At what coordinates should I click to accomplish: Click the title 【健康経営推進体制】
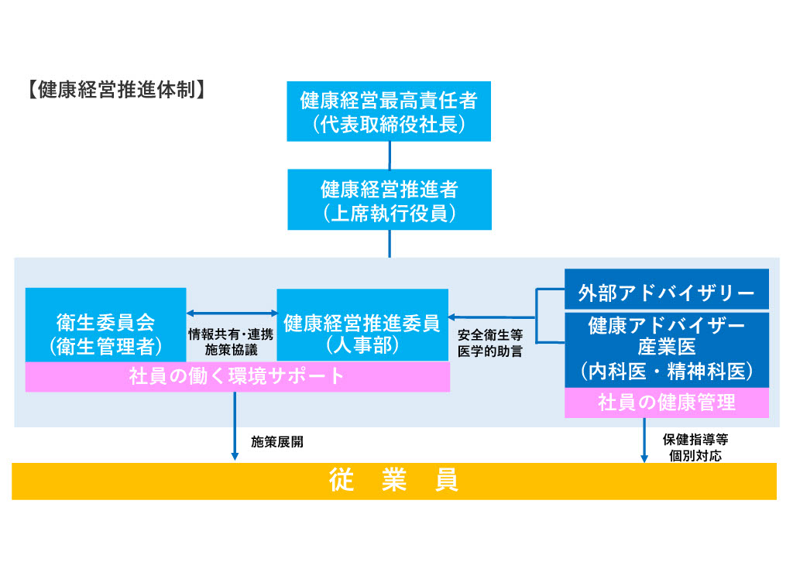(114, 90)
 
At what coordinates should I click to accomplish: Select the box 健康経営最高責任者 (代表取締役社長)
(388, 111)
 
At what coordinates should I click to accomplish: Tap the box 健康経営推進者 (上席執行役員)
(388, 200)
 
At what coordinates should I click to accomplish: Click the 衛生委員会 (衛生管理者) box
(105, 324)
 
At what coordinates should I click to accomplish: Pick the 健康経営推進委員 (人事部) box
(362, 325)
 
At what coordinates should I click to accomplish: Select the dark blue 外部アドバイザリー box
(666, 293)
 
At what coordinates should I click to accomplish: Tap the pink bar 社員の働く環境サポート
(237, 377)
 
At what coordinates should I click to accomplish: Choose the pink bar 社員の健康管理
(666, 403)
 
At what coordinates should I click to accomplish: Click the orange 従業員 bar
(393, 481)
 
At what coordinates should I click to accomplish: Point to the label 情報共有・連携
(231, 335)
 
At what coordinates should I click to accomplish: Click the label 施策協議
(231, 351)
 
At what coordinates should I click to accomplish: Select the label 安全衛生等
(489, 336)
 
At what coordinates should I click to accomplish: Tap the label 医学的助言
(489, 352)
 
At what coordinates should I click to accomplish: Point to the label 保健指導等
(695, 439)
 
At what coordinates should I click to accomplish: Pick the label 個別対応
(695, 455)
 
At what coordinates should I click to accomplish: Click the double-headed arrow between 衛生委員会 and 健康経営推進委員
(232, 313)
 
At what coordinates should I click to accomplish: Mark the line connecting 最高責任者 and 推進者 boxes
(389, 156)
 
